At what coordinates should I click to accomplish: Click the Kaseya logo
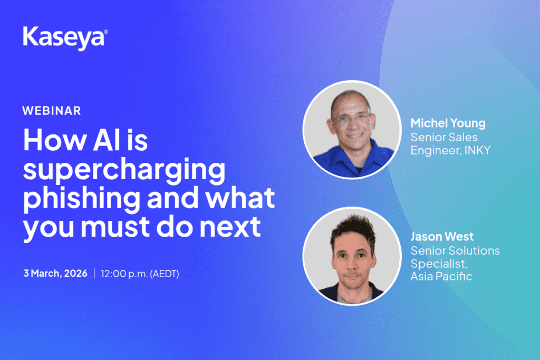coord(65,38)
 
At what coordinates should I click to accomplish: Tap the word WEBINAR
coord(52,111)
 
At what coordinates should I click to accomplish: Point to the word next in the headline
coord(230,227)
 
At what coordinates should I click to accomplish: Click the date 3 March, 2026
coord(55,273)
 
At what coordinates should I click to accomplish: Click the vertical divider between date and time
coord(94,274)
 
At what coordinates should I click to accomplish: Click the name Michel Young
coord(448,123)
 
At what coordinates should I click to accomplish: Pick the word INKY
coord(477,150)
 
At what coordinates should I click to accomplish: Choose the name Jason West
coord(442,237)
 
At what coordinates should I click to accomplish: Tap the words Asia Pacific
coord(441,276)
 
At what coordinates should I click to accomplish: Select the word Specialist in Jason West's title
coord(439,264)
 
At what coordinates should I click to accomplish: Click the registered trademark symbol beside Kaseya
coord(105,32)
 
